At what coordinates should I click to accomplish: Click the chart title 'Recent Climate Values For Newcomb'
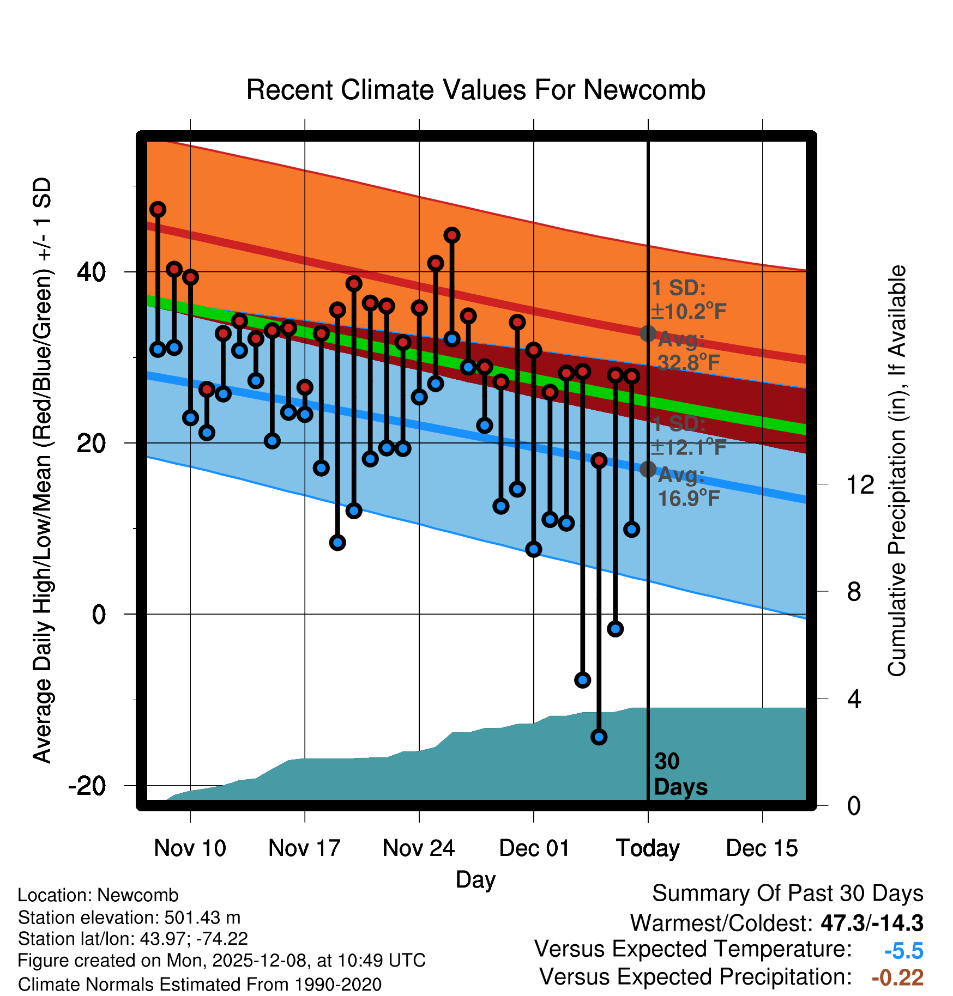click(475, 90)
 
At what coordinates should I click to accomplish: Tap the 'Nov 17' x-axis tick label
click(304, 848)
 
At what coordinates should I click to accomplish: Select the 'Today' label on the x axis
click(648, 848)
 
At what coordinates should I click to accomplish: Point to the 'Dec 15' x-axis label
click(762, 848)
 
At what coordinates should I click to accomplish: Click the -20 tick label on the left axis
click(87, 786)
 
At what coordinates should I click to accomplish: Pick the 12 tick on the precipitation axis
click(860, 484)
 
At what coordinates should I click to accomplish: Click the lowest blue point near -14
click(599, 737)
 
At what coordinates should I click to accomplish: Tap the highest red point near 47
click(158, 209)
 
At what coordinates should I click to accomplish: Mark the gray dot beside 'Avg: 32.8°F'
click(648, 333)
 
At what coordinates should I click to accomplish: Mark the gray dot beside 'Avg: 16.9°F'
click(648, 469)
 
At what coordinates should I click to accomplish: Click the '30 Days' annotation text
click(680, 774)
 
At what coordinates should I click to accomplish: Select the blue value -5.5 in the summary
click(903, 951)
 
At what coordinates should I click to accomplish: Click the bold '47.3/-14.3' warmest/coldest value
click(872, 923)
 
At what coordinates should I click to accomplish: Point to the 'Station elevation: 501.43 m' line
click(129, 918)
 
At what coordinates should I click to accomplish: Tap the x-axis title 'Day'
click(475, 879)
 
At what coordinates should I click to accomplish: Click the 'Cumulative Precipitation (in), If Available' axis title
click(897, 471)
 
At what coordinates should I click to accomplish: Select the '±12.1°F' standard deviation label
click(688, 447)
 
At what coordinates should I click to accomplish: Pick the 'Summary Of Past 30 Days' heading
click(787, 894)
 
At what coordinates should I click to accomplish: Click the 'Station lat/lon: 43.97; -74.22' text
click(133, 939)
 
